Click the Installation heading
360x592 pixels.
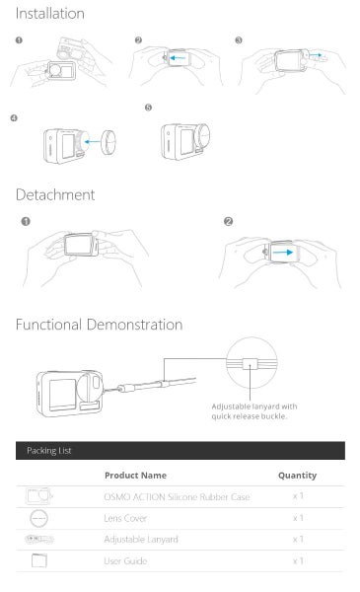tap(50, 14)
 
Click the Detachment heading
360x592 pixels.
tap(55, 194)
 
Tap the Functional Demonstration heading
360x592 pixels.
tap(100, 325)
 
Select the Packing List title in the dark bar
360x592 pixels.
tap(49, 451)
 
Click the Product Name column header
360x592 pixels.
tap(135, 476)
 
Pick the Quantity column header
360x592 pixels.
tap(297, 476)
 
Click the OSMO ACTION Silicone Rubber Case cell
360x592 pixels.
tap(177, 497)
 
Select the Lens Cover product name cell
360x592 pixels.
tap(125, 518)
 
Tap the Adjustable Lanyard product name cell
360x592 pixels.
tap(141, 540)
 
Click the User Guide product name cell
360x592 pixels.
tap(125, 561)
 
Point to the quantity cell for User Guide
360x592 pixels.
tap(298, 561)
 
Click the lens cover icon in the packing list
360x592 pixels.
tap(38, 518)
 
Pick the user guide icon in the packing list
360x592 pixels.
tap(38, 560)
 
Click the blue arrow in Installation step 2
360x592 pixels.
tap(178, 58)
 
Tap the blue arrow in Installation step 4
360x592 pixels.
tap(92, 142)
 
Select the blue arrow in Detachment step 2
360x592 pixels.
tap(283, 253)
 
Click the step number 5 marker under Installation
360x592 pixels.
tap(148, 108)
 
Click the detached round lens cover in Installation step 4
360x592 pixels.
tap(108, 142)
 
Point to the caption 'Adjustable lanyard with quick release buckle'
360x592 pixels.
tap(254, 411)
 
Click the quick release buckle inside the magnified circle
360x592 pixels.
tap(250, 364)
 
